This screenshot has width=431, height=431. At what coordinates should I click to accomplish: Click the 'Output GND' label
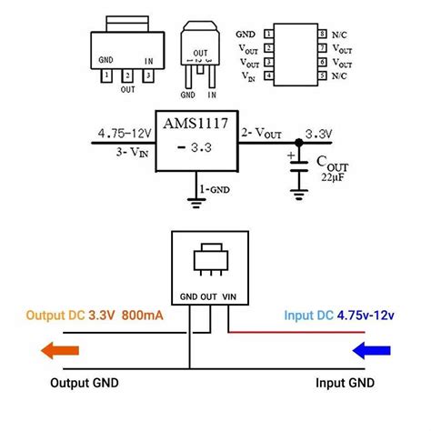[x=89, y=383]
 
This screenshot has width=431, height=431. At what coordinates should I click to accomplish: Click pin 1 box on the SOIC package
[x=270, y=33]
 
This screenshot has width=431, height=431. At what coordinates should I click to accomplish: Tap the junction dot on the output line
[x=297, y=141]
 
